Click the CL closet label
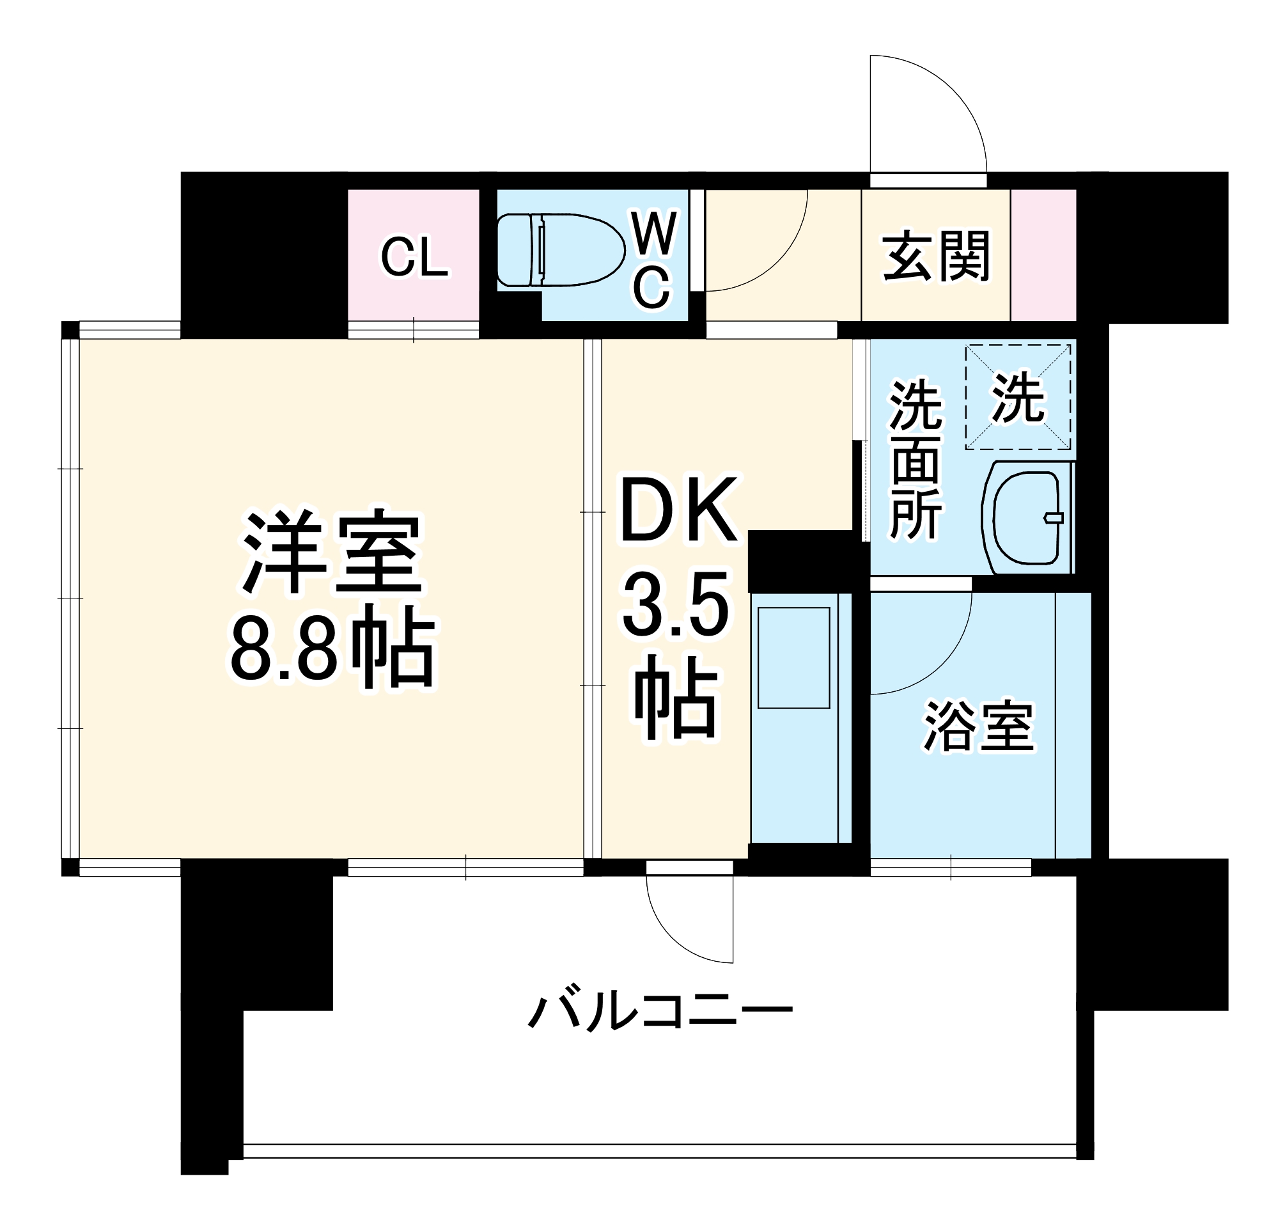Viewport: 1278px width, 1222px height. tap(414, 258)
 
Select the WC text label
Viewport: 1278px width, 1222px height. tap(653, 260)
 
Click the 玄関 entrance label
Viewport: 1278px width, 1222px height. tap(935, 256)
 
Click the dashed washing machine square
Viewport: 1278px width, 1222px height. tap(1017, 396)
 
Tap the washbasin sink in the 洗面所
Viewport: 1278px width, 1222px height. tap(1027, 517)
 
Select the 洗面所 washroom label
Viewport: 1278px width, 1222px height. tap(915, 460)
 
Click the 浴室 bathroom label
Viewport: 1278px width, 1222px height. tap(978, 726)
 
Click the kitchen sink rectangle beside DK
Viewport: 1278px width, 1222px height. tap(793, 658)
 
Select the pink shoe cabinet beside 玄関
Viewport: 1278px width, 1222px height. tap(1043, 255)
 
